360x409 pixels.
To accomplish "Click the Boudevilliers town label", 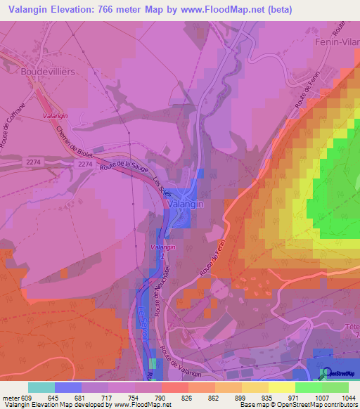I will [48, 72].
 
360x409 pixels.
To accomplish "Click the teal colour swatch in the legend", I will [41, 387].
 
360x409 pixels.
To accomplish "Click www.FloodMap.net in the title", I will [214, 9].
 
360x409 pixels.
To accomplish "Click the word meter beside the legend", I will [10, 397].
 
